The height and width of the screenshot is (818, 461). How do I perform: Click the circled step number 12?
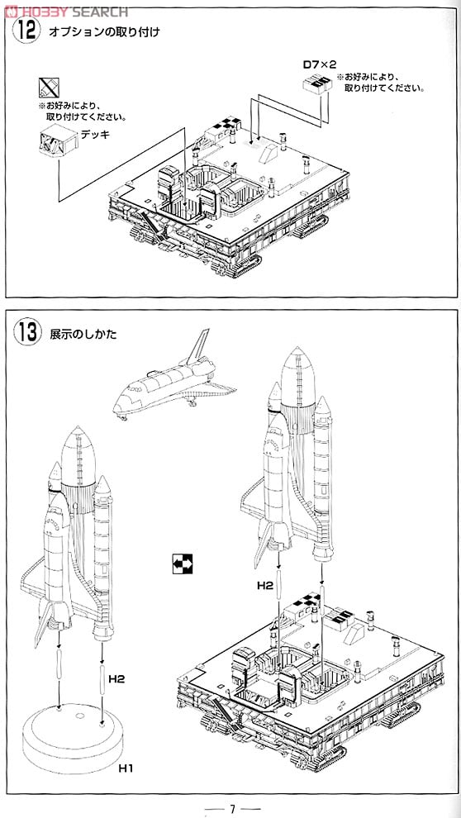[x=26, y=31]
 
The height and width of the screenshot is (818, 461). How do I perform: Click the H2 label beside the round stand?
[x=116, y=679]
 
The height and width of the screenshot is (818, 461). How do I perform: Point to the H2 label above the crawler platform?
[x=265, y=586]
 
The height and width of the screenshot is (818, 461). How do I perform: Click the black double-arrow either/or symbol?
[x=182, y=564]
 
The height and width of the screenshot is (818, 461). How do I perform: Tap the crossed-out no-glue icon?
[x=49, y=87]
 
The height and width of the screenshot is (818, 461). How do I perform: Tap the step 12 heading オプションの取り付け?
[x=104, y=32]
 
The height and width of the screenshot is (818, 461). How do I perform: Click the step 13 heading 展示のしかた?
[x=83, y=334]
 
